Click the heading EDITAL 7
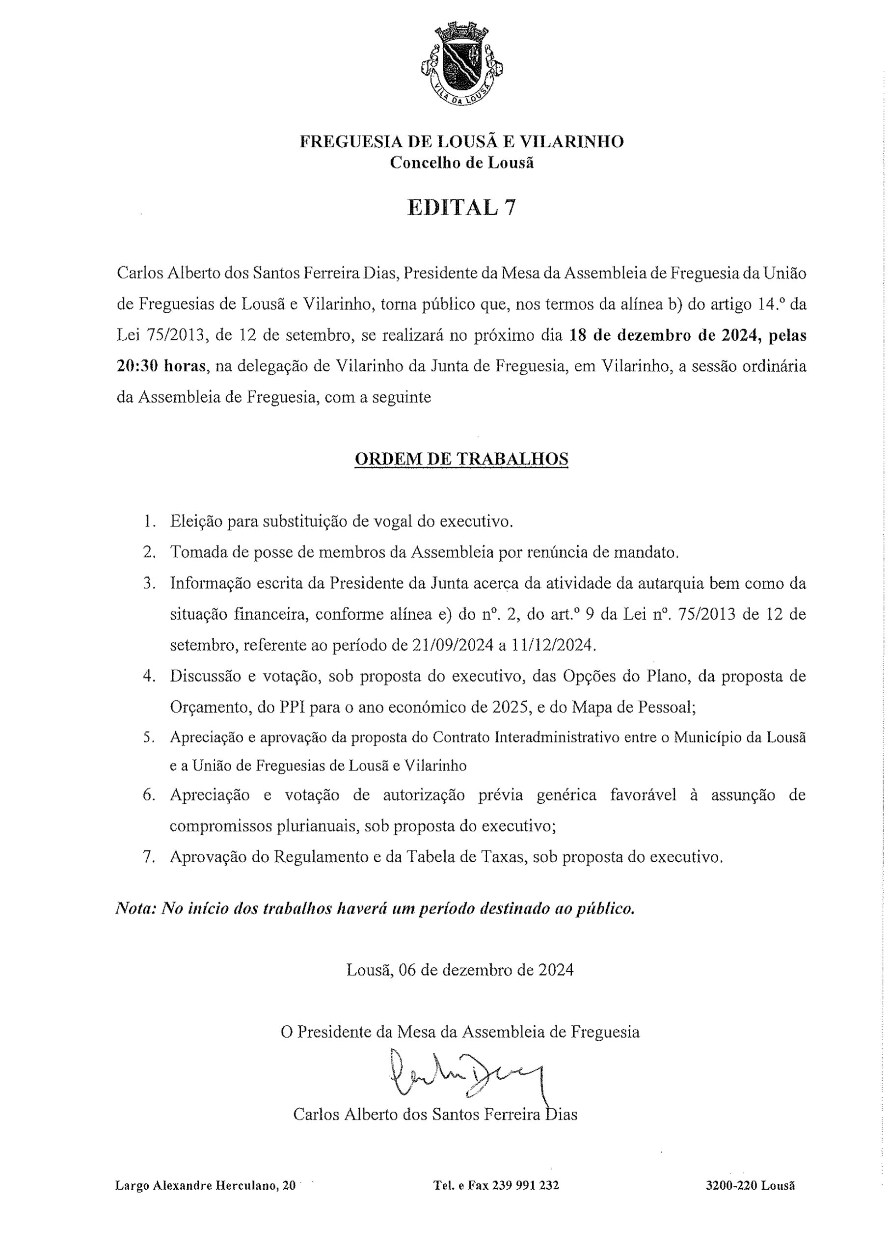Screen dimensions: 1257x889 pyautogui.click(x=461, y=208)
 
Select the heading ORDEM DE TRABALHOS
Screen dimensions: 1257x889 pyautogui.click(x=461, y=459)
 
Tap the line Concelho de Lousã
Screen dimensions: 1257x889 pyautogui.click(x=461, y=163)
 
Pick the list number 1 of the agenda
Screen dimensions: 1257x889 pyautogui.click(x=148, y=521)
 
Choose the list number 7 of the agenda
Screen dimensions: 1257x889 pyautogui.click(x=148, y=857)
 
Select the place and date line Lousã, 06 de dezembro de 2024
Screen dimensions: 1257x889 pyautogui.click(x=460, y=971)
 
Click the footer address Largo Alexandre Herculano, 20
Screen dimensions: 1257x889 pyautogui.click(x=205, y=1186)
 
